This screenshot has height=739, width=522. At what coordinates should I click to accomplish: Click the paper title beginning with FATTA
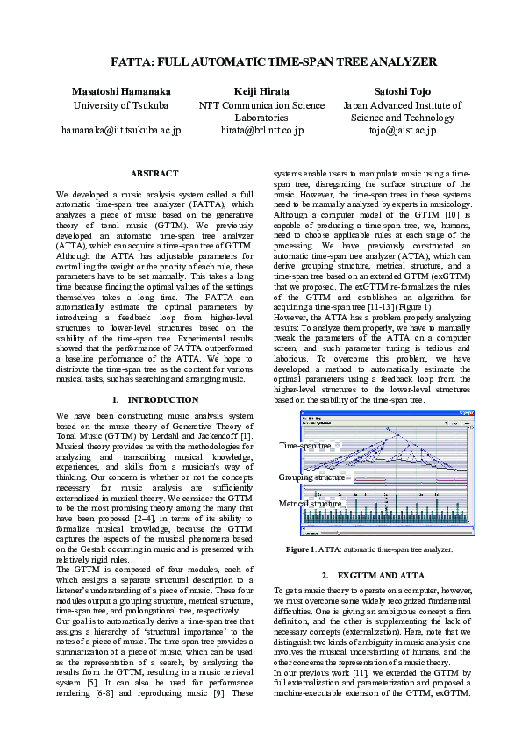pos(261,62)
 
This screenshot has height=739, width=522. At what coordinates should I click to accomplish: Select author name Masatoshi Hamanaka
pos(121,91)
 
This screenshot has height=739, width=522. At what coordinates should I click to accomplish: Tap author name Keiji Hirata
pos(261,91)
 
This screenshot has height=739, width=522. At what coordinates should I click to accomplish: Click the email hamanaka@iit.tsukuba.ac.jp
pos(121,130)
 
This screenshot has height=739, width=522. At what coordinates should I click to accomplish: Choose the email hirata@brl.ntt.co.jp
pos(261,130)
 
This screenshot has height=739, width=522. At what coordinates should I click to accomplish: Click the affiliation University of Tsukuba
pos(121,106)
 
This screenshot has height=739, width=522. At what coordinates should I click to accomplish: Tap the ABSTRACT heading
pos(154,174)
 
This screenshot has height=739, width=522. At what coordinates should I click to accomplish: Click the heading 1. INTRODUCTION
pos(154,399)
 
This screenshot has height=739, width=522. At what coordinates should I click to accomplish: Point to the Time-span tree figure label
pos(305,446)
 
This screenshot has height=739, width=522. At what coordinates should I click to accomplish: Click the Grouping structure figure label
pos(311,477)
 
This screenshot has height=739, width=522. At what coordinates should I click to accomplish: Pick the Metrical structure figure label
pos(310,504)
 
